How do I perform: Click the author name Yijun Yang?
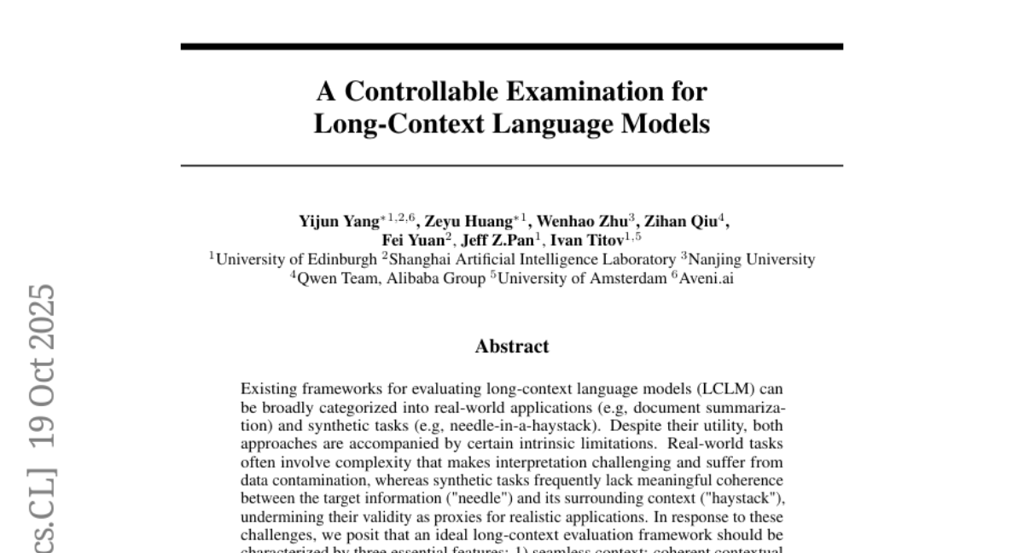point(333,221)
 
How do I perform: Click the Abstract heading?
point(512,346)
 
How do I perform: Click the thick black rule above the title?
point(512,46)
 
